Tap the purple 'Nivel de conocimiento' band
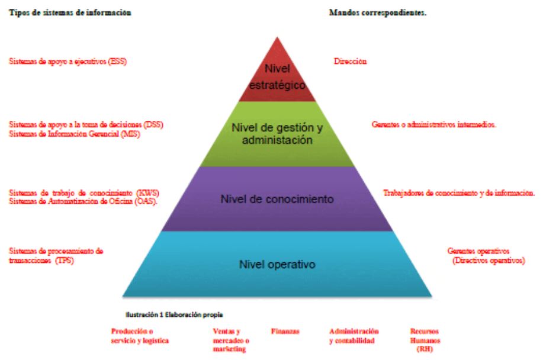coord(277,198)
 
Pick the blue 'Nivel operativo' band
coord(277,264)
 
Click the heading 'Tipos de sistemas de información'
coord(70,12)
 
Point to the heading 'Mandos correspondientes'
coord(377,12)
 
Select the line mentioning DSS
coord(86,125)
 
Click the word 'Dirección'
coord(350,61)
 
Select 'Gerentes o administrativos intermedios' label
coord(433,125)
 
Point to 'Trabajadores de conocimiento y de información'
coord(459,193)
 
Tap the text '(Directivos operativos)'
coord(487,260)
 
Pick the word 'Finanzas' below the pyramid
coord(285,332)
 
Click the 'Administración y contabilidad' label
coord(354,336)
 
